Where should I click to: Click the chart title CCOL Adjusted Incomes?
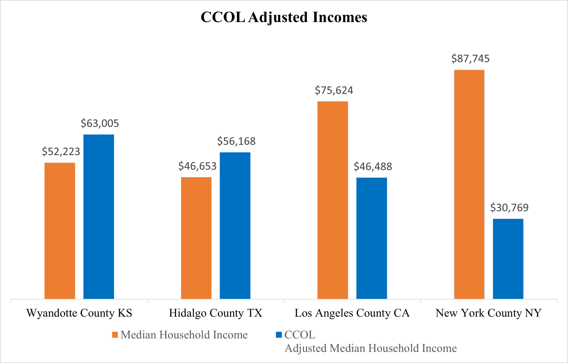pos(284,17)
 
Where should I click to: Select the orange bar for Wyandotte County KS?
pos(60,231)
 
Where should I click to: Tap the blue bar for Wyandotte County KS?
pos(99,217)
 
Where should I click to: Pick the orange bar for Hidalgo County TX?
pos(196,238)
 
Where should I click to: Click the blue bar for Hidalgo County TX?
pos(235,225)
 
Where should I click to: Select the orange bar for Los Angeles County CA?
pos(333,200)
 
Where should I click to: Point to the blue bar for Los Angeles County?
pos(372,238)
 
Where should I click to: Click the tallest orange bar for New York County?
pos(469,184)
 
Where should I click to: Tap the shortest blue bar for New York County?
pos(508,259)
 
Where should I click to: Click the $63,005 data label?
pos(100,123)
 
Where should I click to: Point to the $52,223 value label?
pos(61,152)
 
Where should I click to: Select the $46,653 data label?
pos(197,166)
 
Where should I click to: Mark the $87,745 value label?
pos(470,59)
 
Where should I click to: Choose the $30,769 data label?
pos(509,208)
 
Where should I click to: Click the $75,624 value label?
pos(334,91)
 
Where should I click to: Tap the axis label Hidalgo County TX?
pos(215,313)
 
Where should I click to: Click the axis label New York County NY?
pos(488,313)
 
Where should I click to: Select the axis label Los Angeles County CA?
pos(352,313)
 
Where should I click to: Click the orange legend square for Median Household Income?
pos(115,335)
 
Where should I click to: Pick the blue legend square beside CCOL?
pos(279,335)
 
